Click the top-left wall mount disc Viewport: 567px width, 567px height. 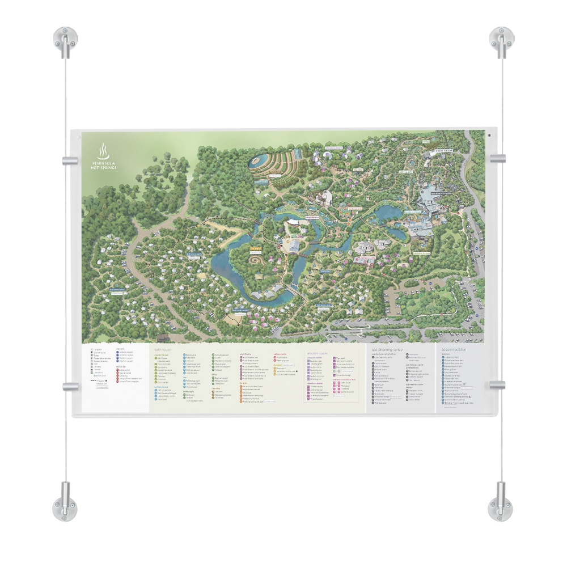[65, 38]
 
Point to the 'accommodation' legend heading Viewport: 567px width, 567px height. [458, 350]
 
